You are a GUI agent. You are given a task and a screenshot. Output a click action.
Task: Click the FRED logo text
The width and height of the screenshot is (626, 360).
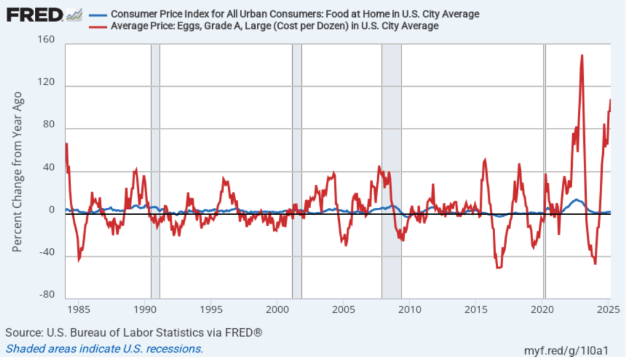tap(34, 14)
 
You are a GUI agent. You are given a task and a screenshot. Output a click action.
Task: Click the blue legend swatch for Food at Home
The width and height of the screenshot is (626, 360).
tap(98, 14)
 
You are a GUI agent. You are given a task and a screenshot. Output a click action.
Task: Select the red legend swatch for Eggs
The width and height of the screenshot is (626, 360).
tap(98, 26)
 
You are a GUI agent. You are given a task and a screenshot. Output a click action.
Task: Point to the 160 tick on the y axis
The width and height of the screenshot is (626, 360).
tap(46, 40)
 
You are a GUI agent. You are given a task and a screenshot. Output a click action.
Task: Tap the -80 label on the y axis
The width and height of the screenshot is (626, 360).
tap(46, 296)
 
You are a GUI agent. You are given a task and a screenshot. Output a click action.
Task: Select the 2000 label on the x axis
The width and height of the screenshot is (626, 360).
tap(276, 310)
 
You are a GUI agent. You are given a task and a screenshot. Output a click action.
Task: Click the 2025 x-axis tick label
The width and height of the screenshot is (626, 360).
tap(609, 310)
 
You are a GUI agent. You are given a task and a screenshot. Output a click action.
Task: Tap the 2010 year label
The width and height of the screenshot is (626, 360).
tap(410, 310)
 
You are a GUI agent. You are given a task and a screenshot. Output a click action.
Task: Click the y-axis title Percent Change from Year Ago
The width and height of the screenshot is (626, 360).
tap(18, 172)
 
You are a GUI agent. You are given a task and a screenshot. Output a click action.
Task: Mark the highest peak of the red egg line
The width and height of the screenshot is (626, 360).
tap(582, 56)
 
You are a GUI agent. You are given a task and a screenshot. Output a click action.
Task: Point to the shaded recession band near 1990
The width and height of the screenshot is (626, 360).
tap(155, 171)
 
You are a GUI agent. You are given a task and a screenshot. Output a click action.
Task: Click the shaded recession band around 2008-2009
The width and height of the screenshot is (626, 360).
tap(392, 171)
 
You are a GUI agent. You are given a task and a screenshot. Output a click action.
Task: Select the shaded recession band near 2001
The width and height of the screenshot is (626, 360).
tap(297, 171)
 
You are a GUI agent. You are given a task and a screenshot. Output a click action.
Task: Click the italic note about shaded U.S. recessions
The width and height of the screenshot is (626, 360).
tap(105, 349)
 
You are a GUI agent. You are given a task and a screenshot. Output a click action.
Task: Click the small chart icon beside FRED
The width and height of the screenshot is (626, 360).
tap(75, 14)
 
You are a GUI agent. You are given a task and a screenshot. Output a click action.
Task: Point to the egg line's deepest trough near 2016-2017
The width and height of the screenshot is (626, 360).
tap(499, 267)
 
